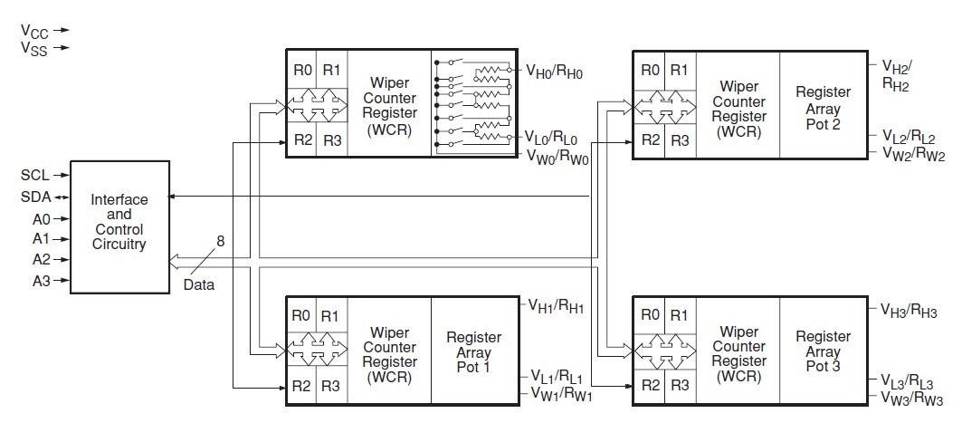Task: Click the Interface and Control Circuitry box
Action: tap(119, 226)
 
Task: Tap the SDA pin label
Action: tap(34, 196)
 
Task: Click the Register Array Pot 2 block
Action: tap(823, 107)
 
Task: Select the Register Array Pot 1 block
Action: tap(473, 351)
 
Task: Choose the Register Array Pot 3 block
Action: tap(823, 351)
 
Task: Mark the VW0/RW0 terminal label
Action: tap(557, 155)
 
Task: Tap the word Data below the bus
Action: tap(201, 283)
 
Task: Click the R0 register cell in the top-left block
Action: tap(301, 70)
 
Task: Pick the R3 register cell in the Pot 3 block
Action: tap(679, 386)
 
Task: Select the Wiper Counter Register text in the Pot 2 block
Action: tap(738, 107)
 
